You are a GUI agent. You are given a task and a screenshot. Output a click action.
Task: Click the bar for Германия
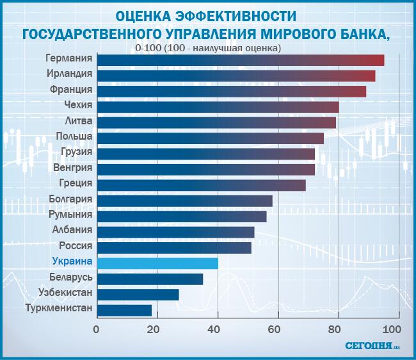[x=240, y=60]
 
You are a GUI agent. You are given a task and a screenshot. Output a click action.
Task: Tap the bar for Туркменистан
[x=124, y=310]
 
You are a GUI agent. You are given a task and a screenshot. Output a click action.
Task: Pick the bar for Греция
[x=201, y=184]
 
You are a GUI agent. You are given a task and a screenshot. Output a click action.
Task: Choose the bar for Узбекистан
[x=138, y=294]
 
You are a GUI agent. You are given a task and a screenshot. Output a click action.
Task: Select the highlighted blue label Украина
[x=72, y=262]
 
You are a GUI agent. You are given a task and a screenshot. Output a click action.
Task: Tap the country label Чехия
[x=79, y=105]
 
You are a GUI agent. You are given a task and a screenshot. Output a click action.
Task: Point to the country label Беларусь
[x=71, y=277]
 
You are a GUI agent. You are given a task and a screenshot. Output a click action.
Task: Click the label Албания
[x=73, y=230]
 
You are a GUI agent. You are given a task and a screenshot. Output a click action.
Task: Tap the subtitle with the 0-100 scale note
[x=209, y=47]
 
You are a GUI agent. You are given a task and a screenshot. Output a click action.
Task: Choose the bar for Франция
[x=231, y=90]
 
